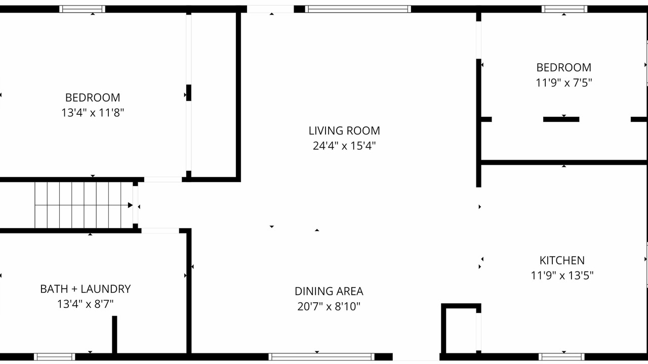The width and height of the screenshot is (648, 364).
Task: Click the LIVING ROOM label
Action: tap(344, 130)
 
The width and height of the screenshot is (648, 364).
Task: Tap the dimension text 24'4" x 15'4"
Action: tap(344, 146)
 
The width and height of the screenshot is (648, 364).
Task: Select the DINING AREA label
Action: tap(329, 291)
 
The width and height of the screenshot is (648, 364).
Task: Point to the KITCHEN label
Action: tap(562, 260)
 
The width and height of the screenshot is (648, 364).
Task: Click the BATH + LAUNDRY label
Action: tap(86, 289)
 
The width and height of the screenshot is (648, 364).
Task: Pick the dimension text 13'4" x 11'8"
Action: tap(93, 113)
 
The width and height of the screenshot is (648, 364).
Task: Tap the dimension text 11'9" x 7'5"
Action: tap(564, 82)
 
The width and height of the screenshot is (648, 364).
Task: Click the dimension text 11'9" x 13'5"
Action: tap(562, 276)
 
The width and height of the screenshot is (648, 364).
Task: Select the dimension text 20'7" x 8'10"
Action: tap(329, 306)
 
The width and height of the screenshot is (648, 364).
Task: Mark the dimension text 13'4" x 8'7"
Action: tap(86, 304)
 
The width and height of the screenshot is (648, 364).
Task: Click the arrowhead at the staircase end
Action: tap(130, 205)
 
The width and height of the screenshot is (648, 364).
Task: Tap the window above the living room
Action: tap(358, 9)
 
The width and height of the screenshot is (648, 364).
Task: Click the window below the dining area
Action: tap(321, 357)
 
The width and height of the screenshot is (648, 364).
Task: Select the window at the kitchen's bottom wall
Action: tap(561, 357)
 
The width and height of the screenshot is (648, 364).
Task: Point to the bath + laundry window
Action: tap(54, 357)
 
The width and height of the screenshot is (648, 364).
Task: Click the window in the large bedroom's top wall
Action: tap(82, 9)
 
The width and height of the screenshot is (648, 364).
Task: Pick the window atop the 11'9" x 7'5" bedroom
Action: tap(564, 9)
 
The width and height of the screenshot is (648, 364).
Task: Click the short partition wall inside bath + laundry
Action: tap(114, 335)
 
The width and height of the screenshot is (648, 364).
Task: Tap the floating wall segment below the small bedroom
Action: tap(561, 119)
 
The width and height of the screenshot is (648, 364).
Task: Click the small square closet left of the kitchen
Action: tap(461, 329)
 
